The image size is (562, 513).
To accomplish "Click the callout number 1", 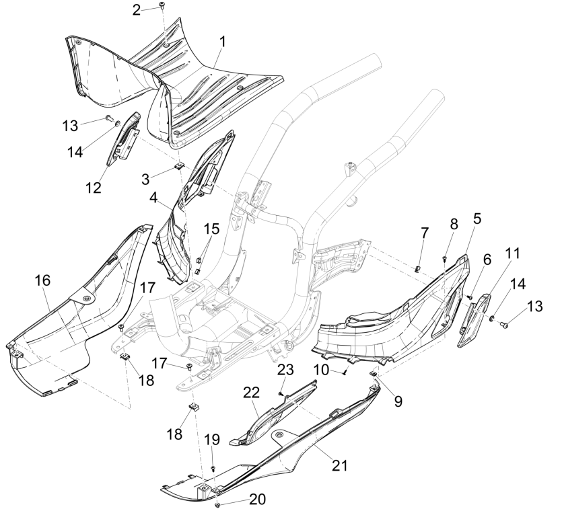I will coord(222,42).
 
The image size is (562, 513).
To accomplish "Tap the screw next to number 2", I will coord(162,6).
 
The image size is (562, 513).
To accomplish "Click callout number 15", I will coord(211,229).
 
